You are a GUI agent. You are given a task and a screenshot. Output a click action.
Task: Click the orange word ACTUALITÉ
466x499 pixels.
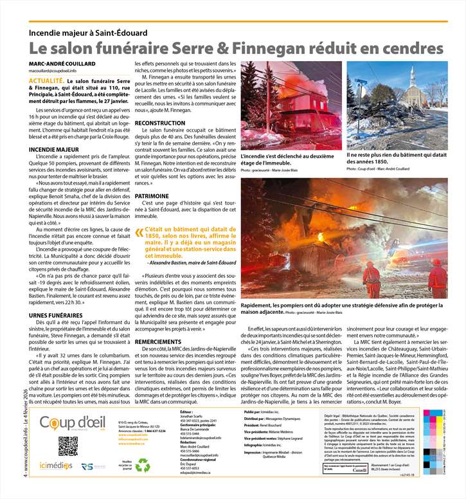(x=46, y=81)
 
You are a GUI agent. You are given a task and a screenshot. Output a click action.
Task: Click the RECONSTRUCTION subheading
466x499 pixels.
(x=160, y=122)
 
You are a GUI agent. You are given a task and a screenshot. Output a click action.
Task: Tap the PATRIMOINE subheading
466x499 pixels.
(x=152, y=195)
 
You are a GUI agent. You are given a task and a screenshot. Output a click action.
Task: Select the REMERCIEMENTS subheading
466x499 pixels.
(x=158, y=341)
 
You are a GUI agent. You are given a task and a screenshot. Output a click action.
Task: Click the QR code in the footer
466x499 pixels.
(x=68, y=446)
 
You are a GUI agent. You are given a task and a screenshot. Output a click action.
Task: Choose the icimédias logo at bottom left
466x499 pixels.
(x=55, y=466)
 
